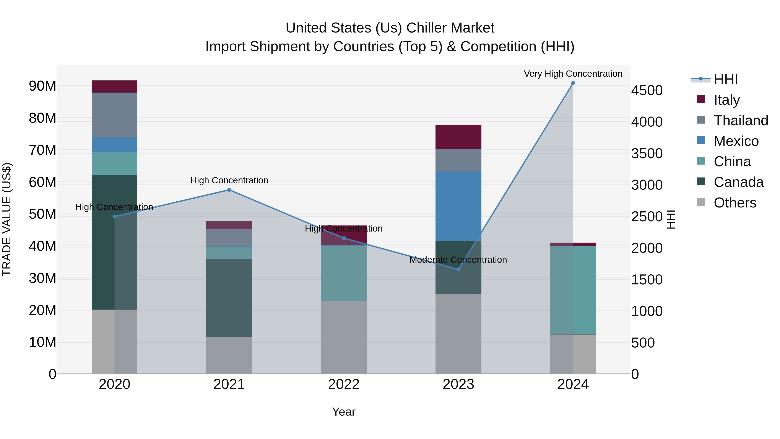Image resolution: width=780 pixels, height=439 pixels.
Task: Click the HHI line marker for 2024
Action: (573, 83)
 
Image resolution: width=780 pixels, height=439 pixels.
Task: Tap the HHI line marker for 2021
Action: (229, 190)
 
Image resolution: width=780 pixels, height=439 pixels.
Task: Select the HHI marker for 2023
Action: (458, 269)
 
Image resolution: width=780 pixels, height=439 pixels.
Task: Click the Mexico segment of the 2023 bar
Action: (458, 206)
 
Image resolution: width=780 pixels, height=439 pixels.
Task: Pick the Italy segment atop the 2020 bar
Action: (114, 86)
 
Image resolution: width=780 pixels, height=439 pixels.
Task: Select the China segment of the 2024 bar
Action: (573, 290)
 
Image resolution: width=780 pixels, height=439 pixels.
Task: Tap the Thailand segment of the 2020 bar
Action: (114, 115)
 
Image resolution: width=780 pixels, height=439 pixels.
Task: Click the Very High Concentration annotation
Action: (573, 74)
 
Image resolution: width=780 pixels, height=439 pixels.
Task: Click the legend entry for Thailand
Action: (741, 121)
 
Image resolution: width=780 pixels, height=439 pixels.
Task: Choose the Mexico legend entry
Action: (736, 141)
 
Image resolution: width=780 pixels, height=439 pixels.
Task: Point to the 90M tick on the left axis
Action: (42, 86)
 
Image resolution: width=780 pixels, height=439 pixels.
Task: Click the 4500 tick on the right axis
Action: (647, 91)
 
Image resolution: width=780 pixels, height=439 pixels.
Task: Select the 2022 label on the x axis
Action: (344, 384)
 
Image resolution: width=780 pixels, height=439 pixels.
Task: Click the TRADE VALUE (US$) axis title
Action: (7, 219)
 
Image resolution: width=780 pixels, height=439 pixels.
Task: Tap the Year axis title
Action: (344, 412)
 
